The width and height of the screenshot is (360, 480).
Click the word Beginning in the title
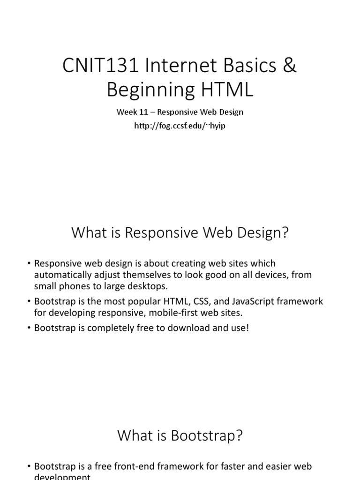coord(150,90)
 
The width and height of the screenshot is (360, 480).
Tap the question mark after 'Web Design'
coord(284,233)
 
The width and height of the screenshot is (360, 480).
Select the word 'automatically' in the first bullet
coord(60,275)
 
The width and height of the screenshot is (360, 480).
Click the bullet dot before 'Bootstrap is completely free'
coord(29,328)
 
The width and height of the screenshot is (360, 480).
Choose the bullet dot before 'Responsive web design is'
coord(29,263)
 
